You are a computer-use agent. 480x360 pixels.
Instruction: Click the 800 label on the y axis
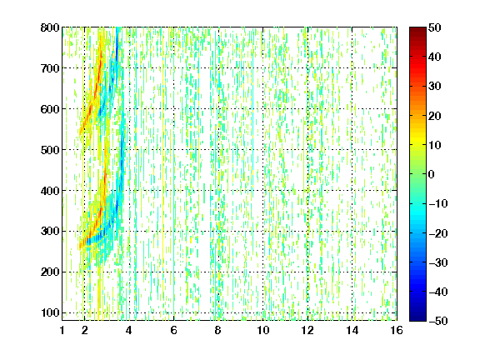[x=50, y=27]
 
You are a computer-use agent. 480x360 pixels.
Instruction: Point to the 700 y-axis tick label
[x=50, y=68]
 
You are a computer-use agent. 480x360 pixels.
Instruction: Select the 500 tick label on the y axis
[x=50, y=150]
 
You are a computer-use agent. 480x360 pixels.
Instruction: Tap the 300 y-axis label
[x=50, y=232]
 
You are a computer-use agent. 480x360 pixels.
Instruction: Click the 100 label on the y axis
[x=50, y=312]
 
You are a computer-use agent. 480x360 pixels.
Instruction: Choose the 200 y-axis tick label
[x=50, y=272]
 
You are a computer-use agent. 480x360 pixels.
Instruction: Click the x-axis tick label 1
[x=62, y=331]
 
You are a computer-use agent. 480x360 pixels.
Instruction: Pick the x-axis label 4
[x=129, y=331]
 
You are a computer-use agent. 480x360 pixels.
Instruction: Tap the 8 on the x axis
[x=218, y=331]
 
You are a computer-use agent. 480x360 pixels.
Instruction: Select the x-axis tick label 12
[x=307, y=331]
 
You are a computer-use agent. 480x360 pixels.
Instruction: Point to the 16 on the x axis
[x=397, y=331]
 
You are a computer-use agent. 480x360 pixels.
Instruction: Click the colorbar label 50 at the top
[x=434, y=27]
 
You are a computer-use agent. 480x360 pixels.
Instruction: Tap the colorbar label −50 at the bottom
[x=438, y=321]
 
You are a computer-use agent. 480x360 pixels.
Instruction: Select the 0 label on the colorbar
[x=432, y=174]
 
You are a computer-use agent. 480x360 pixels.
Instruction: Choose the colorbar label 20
[x=434, y=116]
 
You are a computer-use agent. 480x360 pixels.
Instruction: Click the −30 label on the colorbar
[x=438, y=262]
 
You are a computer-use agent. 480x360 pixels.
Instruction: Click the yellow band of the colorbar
[x=417, y=142]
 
